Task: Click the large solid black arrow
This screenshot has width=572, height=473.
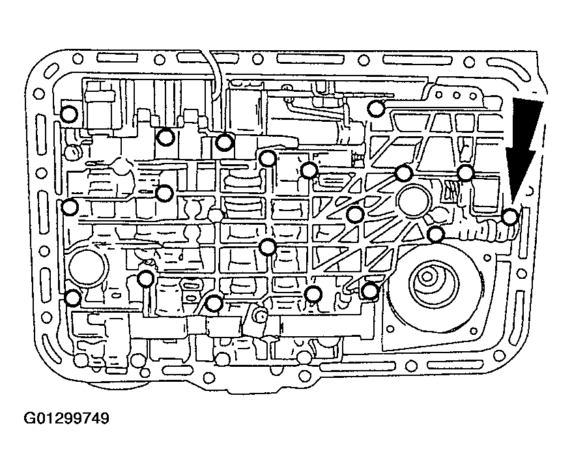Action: pyautogui.click(x=524, y=146)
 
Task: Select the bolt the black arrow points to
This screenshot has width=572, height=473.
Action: pyautogui.click(x=510, y=218)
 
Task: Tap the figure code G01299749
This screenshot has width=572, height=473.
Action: pyautogui.click(x=66, y=418)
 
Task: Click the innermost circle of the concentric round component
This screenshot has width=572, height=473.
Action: pyautogui.click(x=426, y=277)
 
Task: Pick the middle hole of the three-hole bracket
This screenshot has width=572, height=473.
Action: pyautogui.click(x=456, y=96)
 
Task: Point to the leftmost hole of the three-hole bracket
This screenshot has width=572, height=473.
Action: pyautogui.click(x=439, y=95)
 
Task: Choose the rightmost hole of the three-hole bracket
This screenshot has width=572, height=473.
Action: pyautogui.click(x=474, y=96)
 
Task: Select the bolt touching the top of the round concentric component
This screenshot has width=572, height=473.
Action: pyautogui.click(x=435, y=234)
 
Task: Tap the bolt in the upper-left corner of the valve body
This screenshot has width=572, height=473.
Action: pyautogui.click(x=68, y=114)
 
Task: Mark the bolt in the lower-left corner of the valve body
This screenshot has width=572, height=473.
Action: pyautogui.click(x=72, y=297)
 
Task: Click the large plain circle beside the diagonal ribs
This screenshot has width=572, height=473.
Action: pyautogui.click(x=412, y=202)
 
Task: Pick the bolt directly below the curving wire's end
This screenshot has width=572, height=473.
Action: pyautogui.click(x=223, y=142)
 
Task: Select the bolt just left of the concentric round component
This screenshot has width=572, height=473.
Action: pyautogui.click(x=370, y=291)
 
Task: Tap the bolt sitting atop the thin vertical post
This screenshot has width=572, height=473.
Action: pyautogui.click(x=146, y=279)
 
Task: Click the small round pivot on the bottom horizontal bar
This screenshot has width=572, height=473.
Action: pyautogui.click(x=260, y=317)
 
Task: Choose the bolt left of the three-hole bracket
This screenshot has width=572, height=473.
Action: pyautogui.click(x=376, y=108)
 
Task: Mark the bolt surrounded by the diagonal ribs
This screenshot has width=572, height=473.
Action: pyautogui.click(x=354, y=214)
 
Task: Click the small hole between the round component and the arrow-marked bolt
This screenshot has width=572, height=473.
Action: pyautogui.click(x=487, y=258)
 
